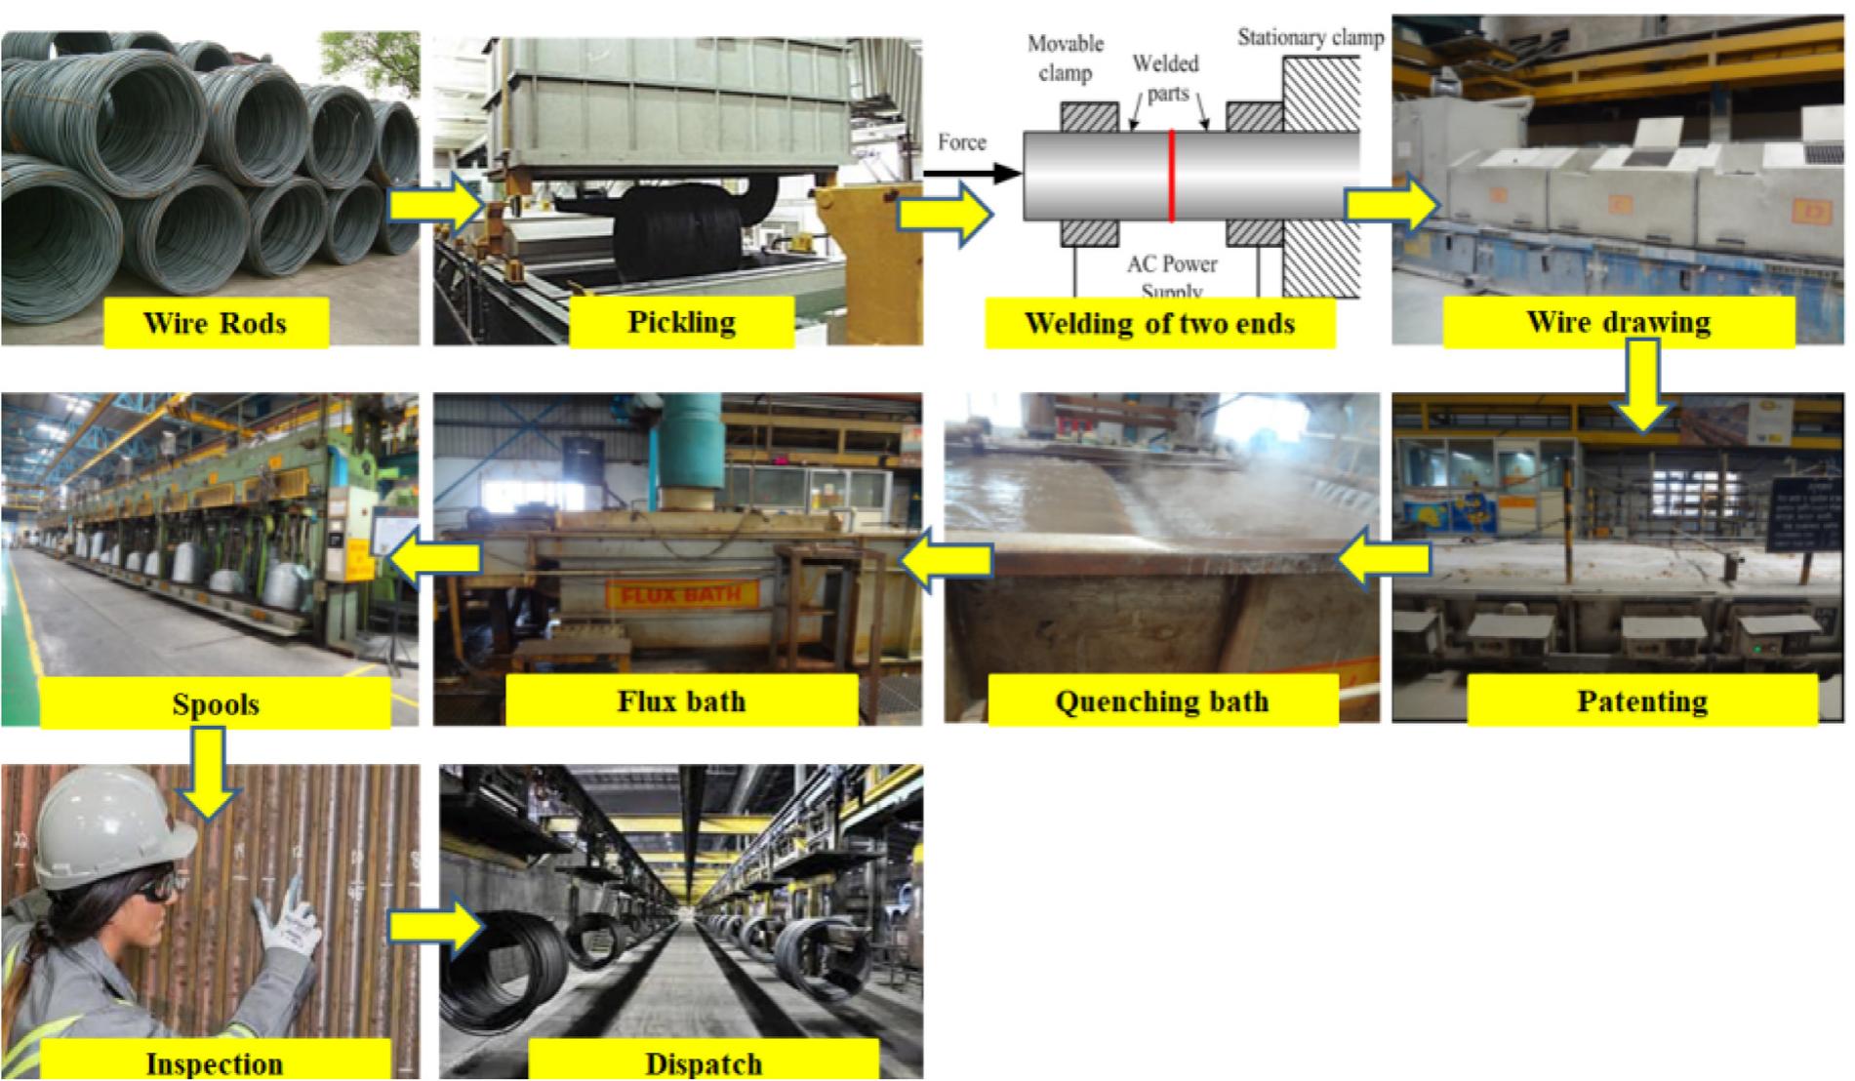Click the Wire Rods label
click(x=215, y=323)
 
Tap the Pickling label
click(x=681, y=322)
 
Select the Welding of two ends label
click(x=1159, y=323)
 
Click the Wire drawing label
click(x=1618, y=322)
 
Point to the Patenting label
click(x=1641, y=701)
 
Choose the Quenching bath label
click(x=1161, y=701)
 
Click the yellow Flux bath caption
click(x=681, y=701)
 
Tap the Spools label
click(x=215, y=704)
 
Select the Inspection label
click(x=215, y=1061)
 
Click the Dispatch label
click(x=703, y=1061)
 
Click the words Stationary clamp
click(x=1311, y=38)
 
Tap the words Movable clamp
click(x=1065, y=58)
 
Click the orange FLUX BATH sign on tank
click(x=682, y=593)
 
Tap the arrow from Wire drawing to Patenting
click(x=1643, y=384)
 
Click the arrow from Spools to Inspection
click(x=209, y=771)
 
